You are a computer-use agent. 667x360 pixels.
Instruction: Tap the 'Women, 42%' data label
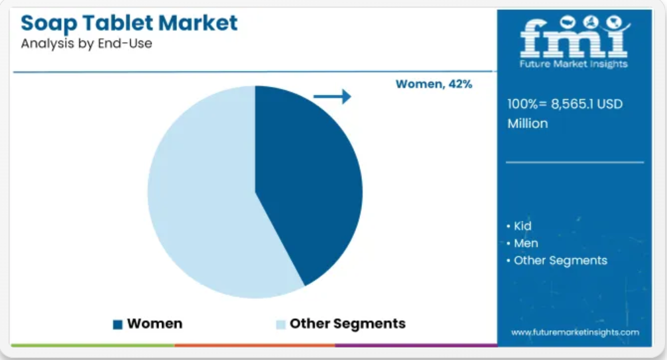pyautogui.click(x=434, y=84)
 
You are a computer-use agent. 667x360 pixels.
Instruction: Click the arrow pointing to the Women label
pyautogui.click(x=332, y=97)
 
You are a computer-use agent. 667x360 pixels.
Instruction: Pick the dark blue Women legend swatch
pyautogui.click(x=118, y=324)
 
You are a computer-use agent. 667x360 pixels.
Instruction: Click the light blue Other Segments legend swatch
pyautogui.click(x=280, y=324)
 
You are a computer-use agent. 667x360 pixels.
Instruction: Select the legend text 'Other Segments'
pyautogui.click(x=347, y=324)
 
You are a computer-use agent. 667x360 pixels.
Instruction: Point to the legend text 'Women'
pyautogui.click(x=155, y=324)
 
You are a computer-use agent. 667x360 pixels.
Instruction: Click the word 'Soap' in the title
pyautogui.click(x=48, y=23)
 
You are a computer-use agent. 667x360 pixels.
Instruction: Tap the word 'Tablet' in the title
pyautogui.click(x=117, y=23)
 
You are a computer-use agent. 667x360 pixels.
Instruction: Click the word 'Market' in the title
pyautogui.click(x=198, y=23)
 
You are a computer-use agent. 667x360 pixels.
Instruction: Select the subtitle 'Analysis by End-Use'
pyautogui.click(x=86, y=43)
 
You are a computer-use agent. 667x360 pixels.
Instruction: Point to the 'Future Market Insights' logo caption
pyautogui.click(x=574, y=64)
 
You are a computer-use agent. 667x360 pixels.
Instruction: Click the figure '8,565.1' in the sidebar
pyautogui.click(x=572, y=104)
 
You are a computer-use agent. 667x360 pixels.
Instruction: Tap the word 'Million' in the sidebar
pyautogui.click(x=528, y=123)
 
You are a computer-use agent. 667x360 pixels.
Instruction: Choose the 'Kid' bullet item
pyautogui.click(x=519, y=226)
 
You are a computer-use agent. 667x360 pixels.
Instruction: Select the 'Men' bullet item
pyautogui.click(x=522, y=243)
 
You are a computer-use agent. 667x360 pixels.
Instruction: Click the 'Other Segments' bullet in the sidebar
pyautogui.click(x=557, y=261)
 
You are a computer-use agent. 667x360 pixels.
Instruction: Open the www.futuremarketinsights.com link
pyautogui.click(x=575, y=332)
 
